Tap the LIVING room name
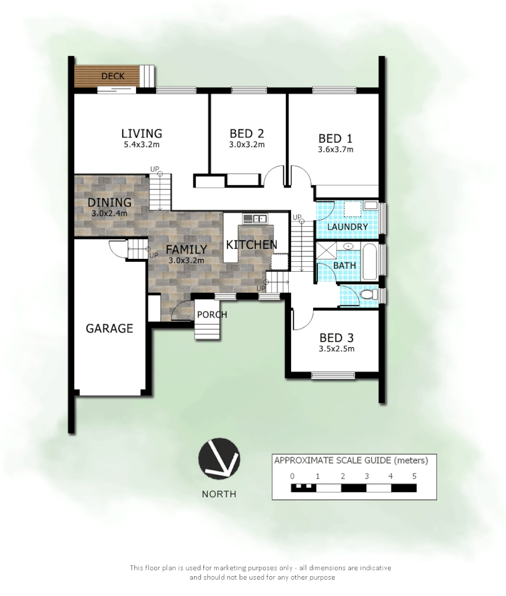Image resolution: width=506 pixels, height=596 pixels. tap(141, 133)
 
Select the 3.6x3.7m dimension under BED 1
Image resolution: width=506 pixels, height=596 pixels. tap(335, 149)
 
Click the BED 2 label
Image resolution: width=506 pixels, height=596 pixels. tap(247, 133)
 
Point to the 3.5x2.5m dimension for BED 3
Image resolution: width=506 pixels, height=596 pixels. tap(337, 349)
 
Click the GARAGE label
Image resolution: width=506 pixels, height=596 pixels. tap(109, 328)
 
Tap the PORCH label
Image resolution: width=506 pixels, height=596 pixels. tap(212, 314)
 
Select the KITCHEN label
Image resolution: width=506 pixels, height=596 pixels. tap(251, 244)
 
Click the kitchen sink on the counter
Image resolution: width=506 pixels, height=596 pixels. tap(255, 219)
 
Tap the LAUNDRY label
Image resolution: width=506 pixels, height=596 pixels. tap(347, 227)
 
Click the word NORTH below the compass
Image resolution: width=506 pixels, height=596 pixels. tap(219, 494)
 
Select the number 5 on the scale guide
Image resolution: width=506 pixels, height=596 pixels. tap(414, 476)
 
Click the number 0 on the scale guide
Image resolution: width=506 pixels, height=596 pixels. tap(292, 476)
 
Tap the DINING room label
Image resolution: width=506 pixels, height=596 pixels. tap(109, 202)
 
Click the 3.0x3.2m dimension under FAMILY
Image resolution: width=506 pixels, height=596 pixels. tap(186, 260)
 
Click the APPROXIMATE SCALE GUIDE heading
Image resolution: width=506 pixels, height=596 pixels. tap(351, 460)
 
